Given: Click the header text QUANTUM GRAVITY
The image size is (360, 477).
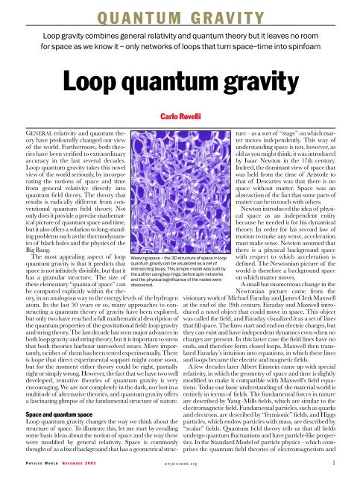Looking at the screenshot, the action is tap(180, 13).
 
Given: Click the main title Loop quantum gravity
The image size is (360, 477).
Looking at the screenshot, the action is tap(180, 80).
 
